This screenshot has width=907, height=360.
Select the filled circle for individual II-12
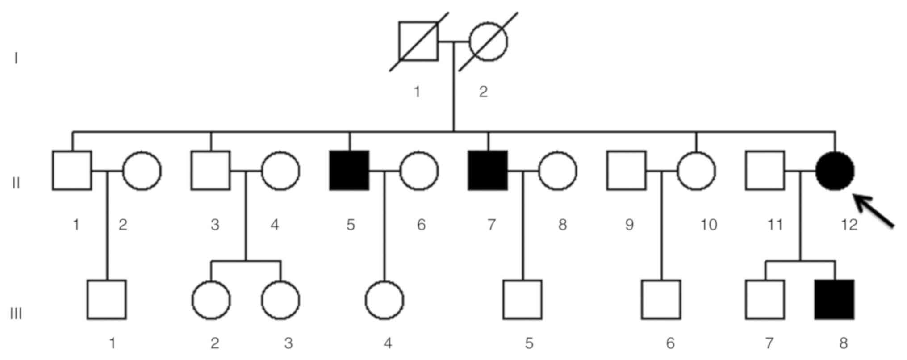[x=835, y=171]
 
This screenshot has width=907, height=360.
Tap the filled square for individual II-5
[x=349, y=171]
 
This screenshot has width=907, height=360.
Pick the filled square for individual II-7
[x=488, y=171]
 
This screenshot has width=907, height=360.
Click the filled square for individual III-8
[x=834, y=300]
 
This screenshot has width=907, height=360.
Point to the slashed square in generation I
[x=418, y=41]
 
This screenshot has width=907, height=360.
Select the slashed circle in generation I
[x=488, y=41]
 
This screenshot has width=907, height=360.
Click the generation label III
[x=16, y=314]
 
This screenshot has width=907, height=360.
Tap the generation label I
[x=16, y=59]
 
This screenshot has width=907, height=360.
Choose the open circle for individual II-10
[x=696, y=171]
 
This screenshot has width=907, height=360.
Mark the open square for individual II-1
[x=72, y=171]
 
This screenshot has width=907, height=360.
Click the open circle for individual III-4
[x=384, y=300]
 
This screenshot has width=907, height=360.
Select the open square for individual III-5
[x=522, y=300]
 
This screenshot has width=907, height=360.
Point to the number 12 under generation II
[x=849, y=224]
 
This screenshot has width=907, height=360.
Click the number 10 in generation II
[x=708, y=224]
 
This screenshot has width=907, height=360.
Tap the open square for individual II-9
[x=626, y=171]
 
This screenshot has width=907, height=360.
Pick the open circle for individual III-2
[x=211, y=300]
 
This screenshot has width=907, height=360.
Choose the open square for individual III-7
[x=765, y=300]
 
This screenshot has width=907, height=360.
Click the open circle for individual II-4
[x=280, y=171]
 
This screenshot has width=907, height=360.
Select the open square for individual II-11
[x=765, y=171]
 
